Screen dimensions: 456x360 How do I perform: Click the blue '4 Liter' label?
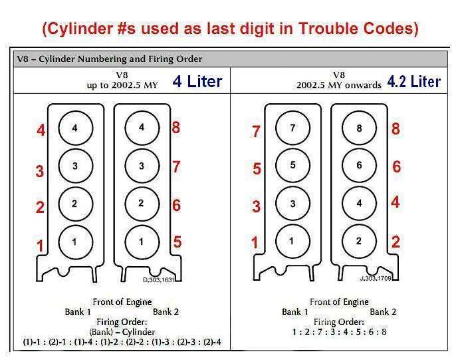click(x=197, y=81)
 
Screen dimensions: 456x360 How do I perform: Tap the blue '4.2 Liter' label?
click(x=414, y=81)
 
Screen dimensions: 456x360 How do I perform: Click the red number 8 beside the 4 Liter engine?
click(x=176, y=128)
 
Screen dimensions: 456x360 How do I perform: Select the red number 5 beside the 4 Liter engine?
click(x=177, y=242)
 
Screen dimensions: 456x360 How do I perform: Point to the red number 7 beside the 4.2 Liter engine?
click(x=256, y=131)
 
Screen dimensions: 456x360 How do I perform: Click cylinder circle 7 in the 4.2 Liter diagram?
click(x=292, y=128)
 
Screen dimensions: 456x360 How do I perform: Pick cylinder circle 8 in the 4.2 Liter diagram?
click(x=359, y=128)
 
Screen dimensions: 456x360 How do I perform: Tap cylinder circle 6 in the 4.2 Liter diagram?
click(x=359, y=165)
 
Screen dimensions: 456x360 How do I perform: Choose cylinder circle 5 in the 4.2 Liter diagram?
click(x=292, y=165)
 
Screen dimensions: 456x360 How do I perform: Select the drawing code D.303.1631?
click(x=158, y=279)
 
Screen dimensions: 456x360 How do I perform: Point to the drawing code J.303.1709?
click(x=376, y=278)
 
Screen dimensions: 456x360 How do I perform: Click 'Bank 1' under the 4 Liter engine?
click(x=78, y=312)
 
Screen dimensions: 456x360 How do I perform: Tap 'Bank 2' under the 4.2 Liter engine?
click(x=383, y=312)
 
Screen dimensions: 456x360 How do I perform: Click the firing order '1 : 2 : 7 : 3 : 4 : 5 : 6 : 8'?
click(x=339, y=332)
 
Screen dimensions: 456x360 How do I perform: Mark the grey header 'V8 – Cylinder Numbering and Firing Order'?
click(x=110, y=59)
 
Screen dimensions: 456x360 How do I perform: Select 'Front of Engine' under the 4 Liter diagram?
click(x=122, y=302)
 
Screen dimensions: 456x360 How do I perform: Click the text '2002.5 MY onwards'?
click(x=339, y=85)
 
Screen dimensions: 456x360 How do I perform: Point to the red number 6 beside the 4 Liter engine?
click(x=177, y=205)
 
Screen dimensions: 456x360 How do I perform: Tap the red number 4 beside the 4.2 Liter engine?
click(x=396, y=202)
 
